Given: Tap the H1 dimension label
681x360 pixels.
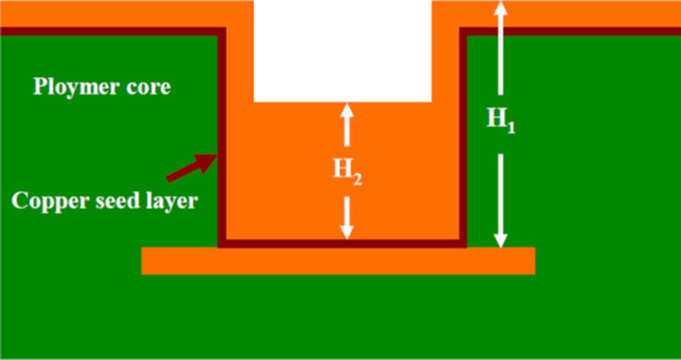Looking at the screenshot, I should click(x=501, y=120).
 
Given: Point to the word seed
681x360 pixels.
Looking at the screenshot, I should click(x=110, y=201).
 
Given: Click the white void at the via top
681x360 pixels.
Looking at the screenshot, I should click(x=342, y=51).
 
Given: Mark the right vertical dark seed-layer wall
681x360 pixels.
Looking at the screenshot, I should click(x=463, y=133).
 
